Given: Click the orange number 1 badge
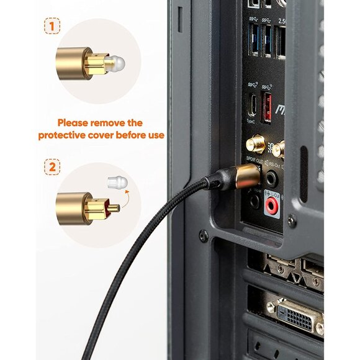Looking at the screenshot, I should click(x=52, y=27).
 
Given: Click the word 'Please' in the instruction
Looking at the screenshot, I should click(x=76, y=123).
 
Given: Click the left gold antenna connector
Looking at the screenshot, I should click(x=256, y=145).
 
